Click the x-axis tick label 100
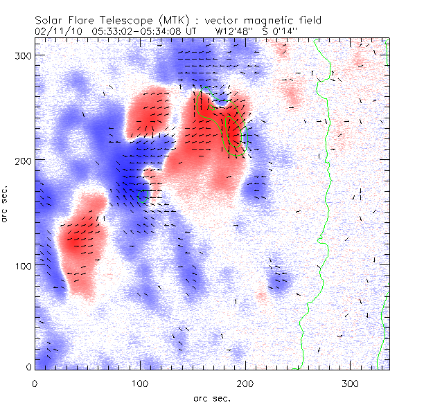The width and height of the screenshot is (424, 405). [140, 383]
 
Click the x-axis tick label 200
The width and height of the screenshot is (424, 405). [245, 383]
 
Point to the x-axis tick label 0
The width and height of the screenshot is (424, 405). [35, 383]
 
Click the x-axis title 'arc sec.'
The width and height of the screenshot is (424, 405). [211, 397]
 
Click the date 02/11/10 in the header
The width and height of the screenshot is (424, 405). [55, 31]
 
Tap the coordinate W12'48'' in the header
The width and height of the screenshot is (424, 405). [234, 31]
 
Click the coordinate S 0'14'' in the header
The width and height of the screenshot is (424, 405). [283, 31]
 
